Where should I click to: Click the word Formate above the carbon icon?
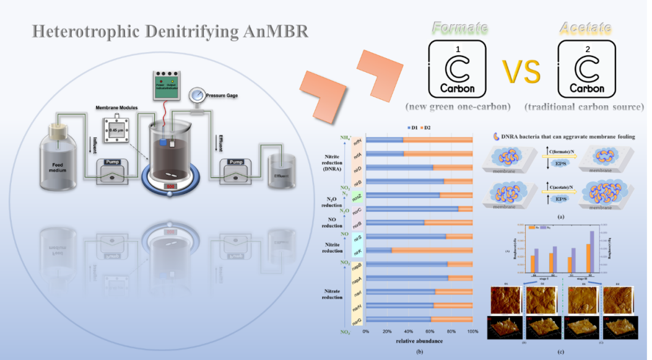click(x=459, y=28)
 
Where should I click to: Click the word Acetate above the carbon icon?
click(x=585, y=28)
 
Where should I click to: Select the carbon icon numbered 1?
click(x=458, y=69)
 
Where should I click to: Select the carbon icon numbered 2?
click(x=586, y=69)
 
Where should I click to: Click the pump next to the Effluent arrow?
click(x=237, y=171)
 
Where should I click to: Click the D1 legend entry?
click(x=410, y=127)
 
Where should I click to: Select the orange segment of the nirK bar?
click(x=432, y=250)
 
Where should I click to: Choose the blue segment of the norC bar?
click(x=412, y=209)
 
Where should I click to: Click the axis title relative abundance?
click(x=419, y=342)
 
